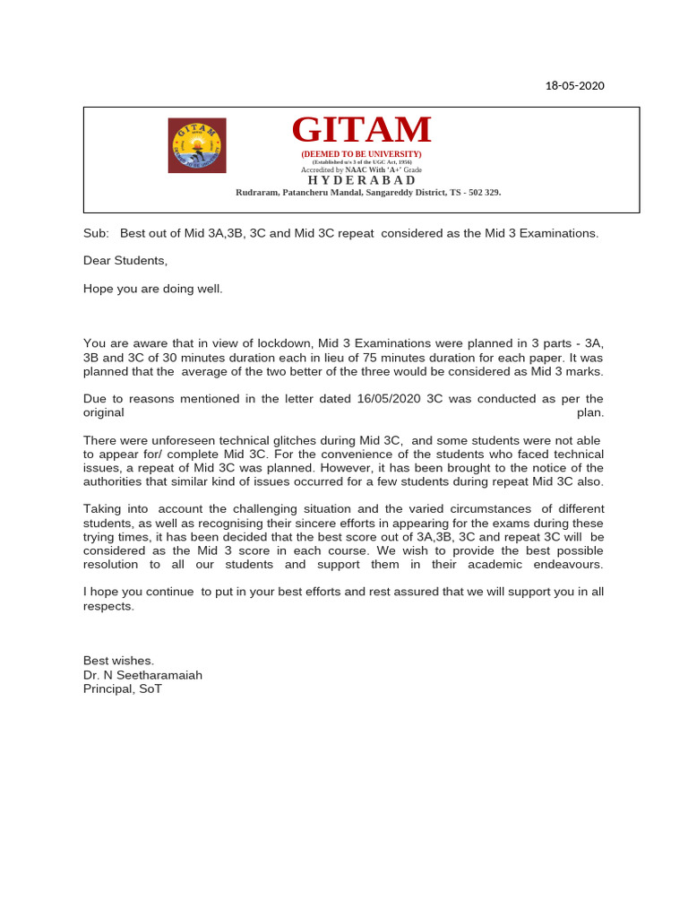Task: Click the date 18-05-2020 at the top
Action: (x=575, y=86)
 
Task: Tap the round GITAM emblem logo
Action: (x=197, y=145)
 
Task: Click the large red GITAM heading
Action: (x=361, y=131)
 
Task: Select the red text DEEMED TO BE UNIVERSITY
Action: (x=361, y=154)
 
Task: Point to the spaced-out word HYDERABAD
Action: (x=361, y=180)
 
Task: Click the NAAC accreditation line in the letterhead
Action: (x=361, y=169)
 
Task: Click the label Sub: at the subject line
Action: (x=96, y=233)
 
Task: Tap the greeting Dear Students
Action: (x=125, y=261)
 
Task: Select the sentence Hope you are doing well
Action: (x=152, y=289)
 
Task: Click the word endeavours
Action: (x=561, y=565)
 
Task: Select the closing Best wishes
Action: (x=118, y=661)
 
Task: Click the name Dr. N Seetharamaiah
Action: (x=142, y=675)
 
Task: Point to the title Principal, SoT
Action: (x=123, y=689)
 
